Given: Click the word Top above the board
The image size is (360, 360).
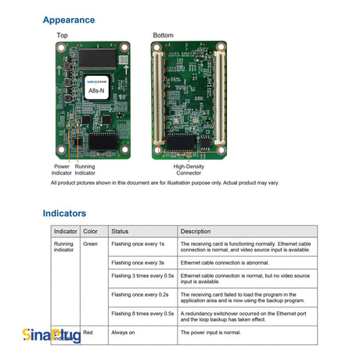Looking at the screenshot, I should click(x=62, y=36).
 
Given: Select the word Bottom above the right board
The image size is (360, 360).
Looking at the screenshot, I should click(x=164, y=36).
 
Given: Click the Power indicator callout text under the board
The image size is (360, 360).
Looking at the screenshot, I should click(x=62, y=169).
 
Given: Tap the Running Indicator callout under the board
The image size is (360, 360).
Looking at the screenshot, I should click(x=85, y=169).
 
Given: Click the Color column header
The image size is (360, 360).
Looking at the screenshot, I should click(x=91, y=232).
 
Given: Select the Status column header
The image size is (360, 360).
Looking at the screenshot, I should click(x=120, y=232).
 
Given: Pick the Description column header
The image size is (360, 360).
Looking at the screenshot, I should click(x=196, y=232).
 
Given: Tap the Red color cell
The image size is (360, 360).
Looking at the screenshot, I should click(x=88, y=333).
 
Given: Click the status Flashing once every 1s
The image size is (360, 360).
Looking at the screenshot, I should click(x=138, y=245).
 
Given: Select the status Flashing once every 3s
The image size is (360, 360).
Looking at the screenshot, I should click(x=138, y=263).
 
